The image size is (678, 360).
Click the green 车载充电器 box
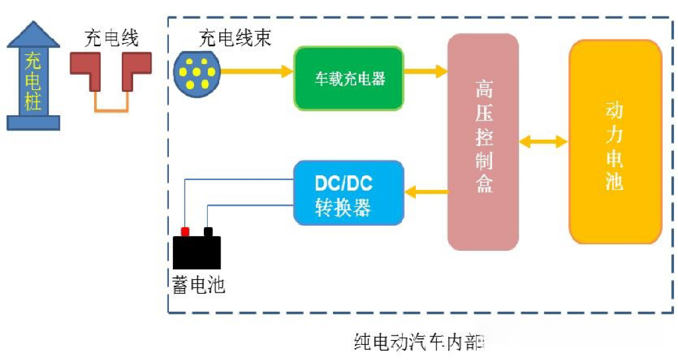[349, 78]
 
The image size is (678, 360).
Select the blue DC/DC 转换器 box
[349, 193]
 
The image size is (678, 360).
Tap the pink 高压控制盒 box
[483, 142]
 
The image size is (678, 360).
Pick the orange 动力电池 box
[615, 142]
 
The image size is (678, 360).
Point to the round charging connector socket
[196, 71]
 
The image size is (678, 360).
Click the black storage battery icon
[197, 252]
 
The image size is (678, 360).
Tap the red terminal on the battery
[185, 231]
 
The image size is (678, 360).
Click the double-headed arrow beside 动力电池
[544, 141]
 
